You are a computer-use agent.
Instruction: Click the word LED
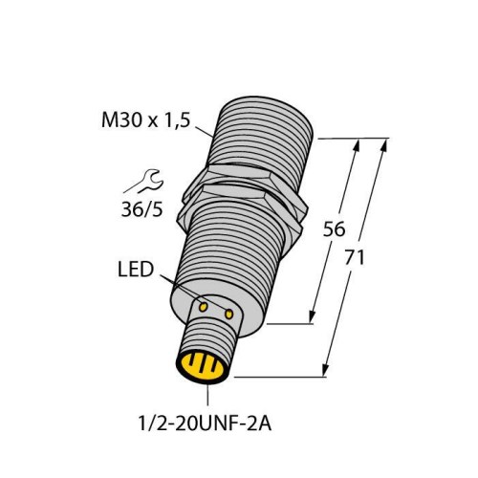coord(135,272)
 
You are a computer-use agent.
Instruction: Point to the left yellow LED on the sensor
coord(204,306)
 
